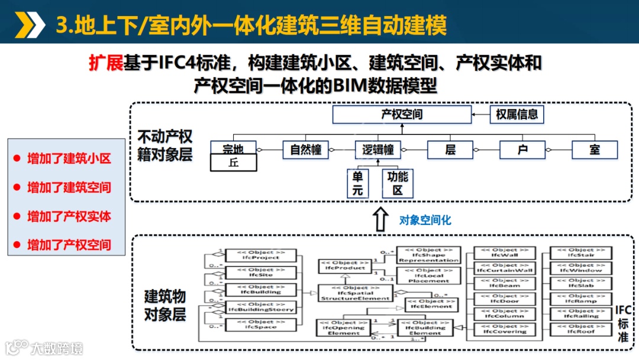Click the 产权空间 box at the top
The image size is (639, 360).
402,114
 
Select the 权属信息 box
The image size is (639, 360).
517,114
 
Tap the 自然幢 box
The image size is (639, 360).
305,150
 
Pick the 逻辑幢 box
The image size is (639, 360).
378,150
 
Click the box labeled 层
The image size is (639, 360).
450,150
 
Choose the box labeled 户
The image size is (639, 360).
522,150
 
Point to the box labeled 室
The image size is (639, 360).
595,150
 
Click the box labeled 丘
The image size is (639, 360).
233,162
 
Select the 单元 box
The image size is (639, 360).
359,184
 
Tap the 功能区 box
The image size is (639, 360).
398,184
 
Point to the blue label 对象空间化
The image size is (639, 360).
425,220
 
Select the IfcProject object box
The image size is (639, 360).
261,255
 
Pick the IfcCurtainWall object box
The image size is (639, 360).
505,268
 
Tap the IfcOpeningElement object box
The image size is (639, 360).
344,327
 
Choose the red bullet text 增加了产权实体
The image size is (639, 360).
69,216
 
